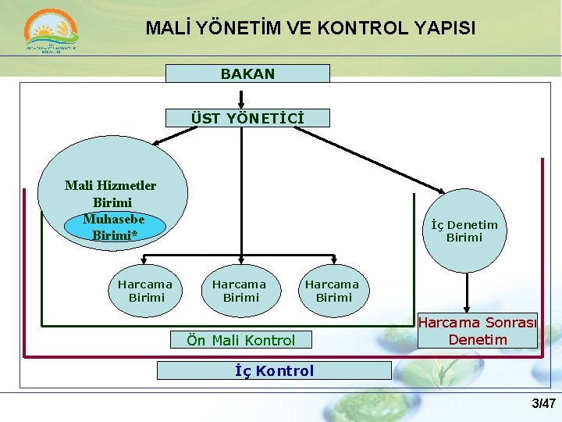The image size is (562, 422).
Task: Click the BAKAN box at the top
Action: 247,73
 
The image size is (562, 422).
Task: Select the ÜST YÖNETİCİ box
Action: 247,118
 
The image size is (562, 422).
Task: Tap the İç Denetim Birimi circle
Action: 464,231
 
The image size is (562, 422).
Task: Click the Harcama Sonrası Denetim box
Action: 478,331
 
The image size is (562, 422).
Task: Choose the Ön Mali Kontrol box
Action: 240,340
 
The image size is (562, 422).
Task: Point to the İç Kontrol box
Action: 274,370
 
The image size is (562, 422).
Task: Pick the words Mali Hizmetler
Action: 110,185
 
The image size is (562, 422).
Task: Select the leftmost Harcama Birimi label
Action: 145,291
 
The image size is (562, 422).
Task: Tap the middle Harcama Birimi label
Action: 240,291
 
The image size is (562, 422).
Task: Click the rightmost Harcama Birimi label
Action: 333,291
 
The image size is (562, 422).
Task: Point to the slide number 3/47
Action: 543,403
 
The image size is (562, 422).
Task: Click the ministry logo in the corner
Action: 52,33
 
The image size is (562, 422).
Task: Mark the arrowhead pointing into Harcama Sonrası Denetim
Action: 467,309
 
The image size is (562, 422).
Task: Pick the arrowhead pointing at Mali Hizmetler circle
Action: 156,142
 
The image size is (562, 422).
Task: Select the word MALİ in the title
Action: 169,29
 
